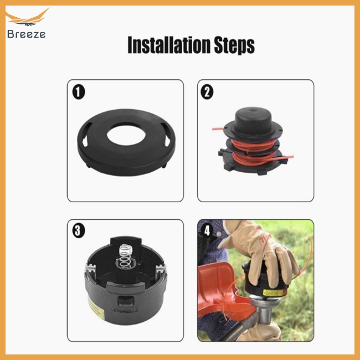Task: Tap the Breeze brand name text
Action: point(27,34)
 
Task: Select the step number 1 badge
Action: point(79,91)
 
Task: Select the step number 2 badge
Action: point(207,91)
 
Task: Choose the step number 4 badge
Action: point(207,229)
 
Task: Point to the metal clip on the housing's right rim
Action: point(160,269)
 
